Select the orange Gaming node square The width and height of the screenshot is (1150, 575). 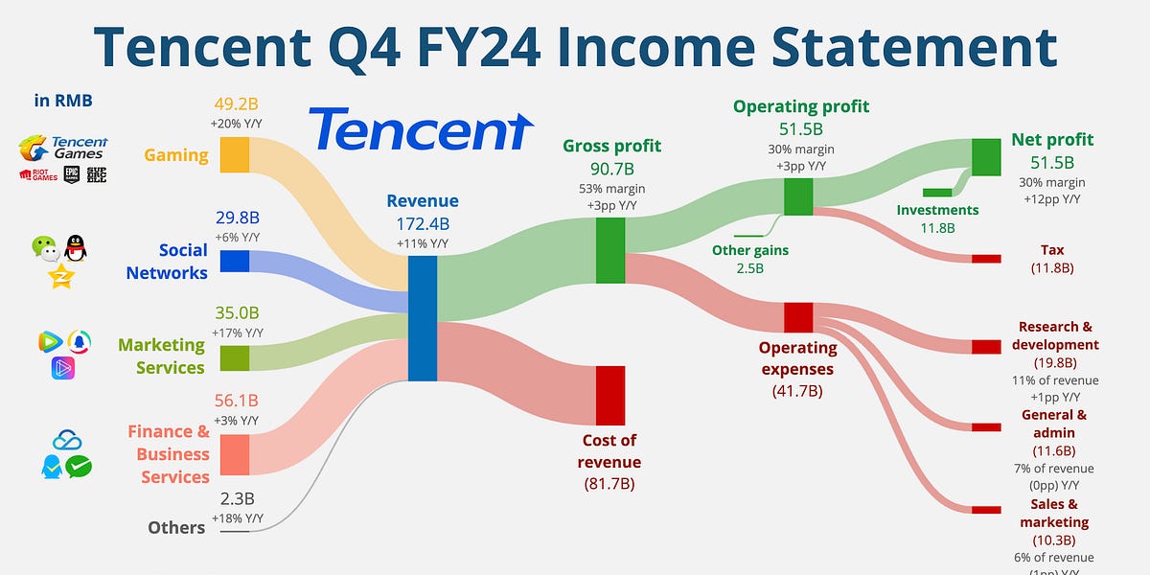click(x=234, y=154)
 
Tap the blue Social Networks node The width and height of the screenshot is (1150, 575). click(x=234, y=261)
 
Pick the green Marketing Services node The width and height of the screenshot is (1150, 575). click(x=234, y=356)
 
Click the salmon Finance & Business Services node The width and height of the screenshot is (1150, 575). click(x=234, y=454)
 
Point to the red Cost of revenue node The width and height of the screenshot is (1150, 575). click(x=610, y=395)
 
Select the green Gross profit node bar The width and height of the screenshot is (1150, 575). click(x=610, y=250)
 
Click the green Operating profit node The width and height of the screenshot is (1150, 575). click(x=798, y=195)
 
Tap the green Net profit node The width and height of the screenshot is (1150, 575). click(x=985, y=156)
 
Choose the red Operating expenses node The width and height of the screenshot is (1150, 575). click(x=798, y=316)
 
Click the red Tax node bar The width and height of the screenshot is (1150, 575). click(x=985, y=259)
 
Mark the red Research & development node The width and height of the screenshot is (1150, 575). click(x=985, y=346)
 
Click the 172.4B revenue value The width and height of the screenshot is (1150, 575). click(x=423, y=223)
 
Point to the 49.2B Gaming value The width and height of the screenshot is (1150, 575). click(x=234, y=104)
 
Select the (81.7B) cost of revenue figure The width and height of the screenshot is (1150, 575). click(x=610, y=484)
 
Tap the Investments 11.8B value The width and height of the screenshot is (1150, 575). click(x=937, y=228)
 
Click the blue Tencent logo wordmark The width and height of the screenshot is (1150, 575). click(x=421, y=130)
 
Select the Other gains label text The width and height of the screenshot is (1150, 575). click(x=749, y=250)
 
